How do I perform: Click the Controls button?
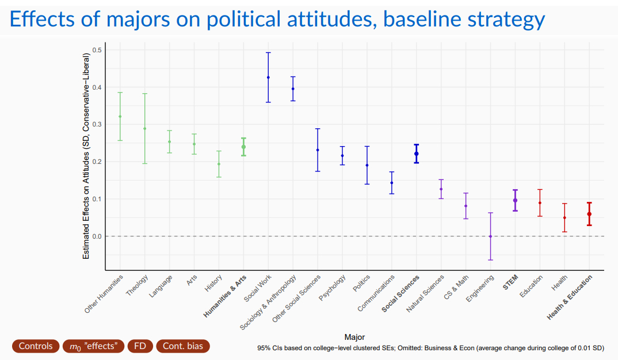coord(36,346)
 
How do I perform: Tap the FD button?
coord(140,346)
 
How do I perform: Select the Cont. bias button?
coord(182,346)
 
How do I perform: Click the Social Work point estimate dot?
coord(268,77)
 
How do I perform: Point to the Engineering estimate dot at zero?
coord(490,236)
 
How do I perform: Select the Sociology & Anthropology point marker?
coord(293,89)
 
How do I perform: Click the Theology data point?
coord(145,128)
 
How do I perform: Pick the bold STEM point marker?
coord(515,200)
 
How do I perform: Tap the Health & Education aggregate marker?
coord(589,214)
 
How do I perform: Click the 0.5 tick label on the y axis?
coord(97,50)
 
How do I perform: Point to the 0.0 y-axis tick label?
coord(97,236)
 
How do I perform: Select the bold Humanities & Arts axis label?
coord(226,296)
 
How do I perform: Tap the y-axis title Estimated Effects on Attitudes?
coord(86,155)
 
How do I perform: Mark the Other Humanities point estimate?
coord(120,116)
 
